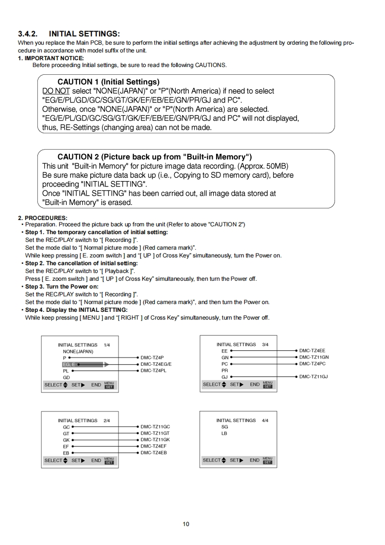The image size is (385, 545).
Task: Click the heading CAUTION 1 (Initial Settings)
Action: click(x=108, y=82)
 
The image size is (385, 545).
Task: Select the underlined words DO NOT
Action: click(x=56, y=91)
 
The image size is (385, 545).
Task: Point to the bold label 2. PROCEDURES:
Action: click(x=43, y=218)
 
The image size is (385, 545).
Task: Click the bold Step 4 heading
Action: click(x=76, y=310)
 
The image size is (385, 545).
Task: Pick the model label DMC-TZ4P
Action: click(x=152, y=358)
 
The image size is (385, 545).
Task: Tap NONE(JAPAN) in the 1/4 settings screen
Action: click(x=78, y=351)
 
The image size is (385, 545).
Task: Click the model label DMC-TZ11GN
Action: click(x=314, y=357)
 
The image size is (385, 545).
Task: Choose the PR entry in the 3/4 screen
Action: click(x=224, y=370)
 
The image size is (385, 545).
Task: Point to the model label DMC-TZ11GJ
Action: click(x=314, y=376)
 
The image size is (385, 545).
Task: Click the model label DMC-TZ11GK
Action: click(x=155, y=440)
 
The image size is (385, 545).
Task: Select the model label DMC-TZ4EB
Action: click(x=153, y=453)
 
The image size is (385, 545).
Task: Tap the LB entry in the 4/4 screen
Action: click(x=224, y=433)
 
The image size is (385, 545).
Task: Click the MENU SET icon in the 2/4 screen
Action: click(x=109, y=460)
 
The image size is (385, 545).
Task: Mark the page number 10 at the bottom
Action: click(x=186, y=524)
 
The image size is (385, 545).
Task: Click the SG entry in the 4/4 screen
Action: click(x=224, y=427)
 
